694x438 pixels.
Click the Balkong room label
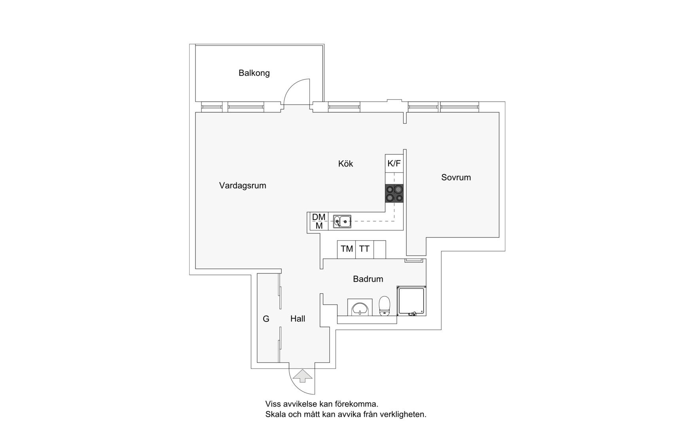click(254, 73)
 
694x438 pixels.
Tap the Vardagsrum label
click(243, 186)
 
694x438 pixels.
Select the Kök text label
click(345, 164)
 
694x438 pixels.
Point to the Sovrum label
click(456, 178)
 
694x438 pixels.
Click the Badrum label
click(368, 279)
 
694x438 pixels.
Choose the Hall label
click(298, 319)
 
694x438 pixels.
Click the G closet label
click(266, 319)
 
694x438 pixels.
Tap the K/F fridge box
click(394, 163)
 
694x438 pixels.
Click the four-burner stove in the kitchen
click(394, 193)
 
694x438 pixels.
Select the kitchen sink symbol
click(342, 222)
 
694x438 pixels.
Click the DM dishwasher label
click(319, 217)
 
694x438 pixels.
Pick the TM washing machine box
click(346, 249)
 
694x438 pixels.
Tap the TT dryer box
click(364, 249)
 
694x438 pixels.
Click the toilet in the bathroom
click(385, 306)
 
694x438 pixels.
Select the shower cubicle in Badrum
click(411, 301)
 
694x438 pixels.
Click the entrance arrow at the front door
click(302, 376)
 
